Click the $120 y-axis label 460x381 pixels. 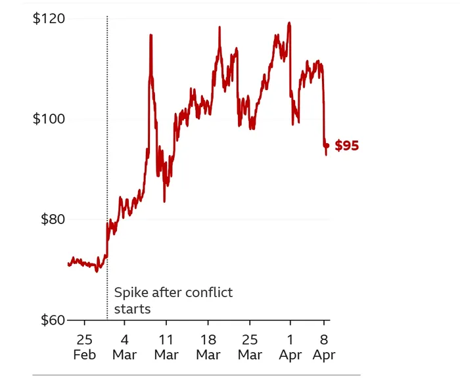point(49,18)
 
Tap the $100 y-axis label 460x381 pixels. point(49,119)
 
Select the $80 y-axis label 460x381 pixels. point(51,219)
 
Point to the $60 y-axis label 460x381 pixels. point(51,320)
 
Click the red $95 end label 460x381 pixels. point(347,146)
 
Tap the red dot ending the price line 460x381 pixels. point(327,146)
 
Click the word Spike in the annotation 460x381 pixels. point(131,293)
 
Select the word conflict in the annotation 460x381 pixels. point(210,293)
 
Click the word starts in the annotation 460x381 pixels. point(132,309)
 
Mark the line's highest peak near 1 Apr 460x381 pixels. point(289,24)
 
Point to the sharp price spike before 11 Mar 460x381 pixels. point(150,35)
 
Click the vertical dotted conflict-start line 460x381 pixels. point(107,164)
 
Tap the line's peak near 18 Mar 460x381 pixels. point(219,28)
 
